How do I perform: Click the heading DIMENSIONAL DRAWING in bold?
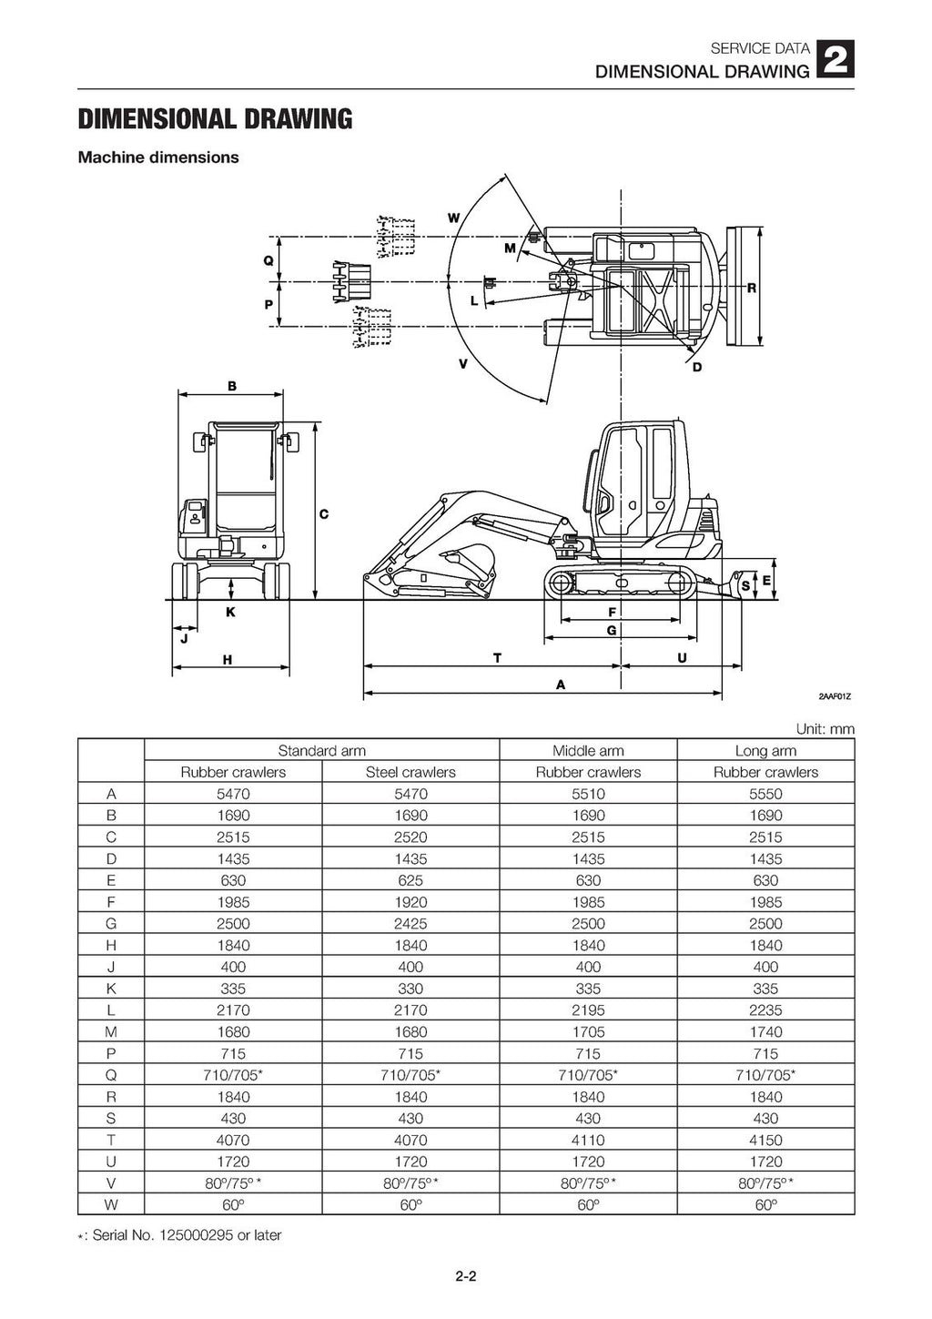pos(215,119)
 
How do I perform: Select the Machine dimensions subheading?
pos(158,157)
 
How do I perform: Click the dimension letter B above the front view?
pos(231,386)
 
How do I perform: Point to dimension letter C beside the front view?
pos(323,514)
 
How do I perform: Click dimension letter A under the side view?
pos(561,684)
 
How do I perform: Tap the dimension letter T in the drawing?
pos(497,656)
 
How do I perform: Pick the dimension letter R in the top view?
pos(751,289)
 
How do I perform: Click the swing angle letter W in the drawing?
pos(452,218)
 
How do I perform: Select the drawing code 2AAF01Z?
pos(834,697)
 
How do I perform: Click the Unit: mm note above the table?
pos(825,729)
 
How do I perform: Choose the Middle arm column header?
pos(588,751)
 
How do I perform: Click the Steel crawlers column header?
pos(410,772)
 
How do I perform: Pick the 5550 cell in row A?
pos(765,794)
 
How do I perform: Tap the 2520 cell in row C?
pos(410,837)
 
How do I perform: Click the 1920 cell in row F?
pos(410,902)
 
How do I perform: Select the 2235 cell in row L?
pos(765,1010)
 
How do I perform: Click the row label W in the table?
pos(110,1204)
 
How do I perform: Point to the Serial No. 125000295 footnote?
pos(180,1235)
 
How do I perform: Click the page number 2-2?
pos(466,1276)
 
